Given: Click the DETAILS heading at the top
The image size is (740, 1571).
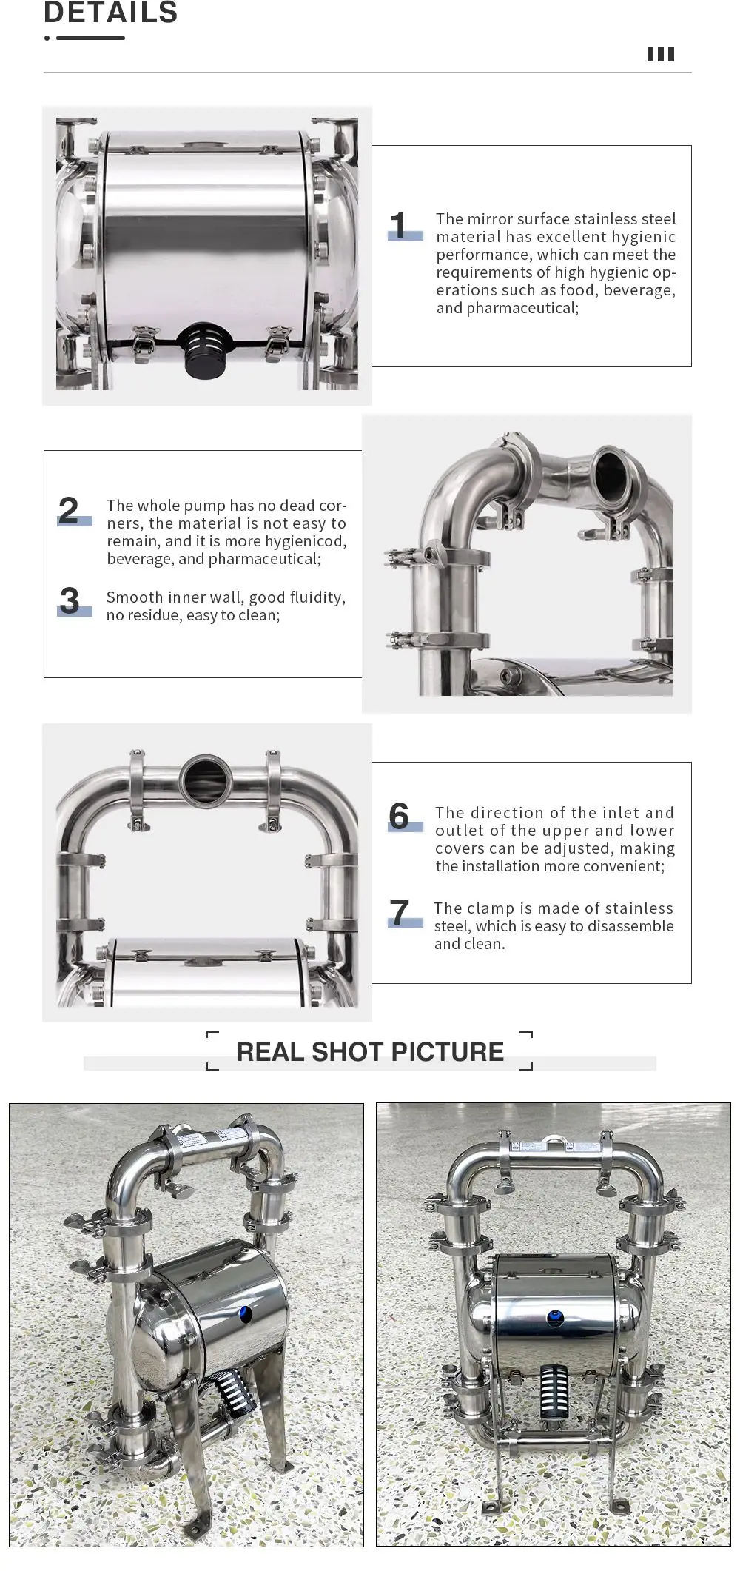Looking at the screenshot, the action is tap(111, 12).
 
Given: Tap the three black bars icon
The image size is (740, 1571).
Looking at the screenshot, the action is tap(661, 54).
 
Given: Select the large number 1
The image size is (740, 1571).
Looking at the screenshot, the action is tap(398, 225).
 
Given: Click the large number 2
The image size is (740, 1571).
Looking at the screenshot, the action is tap(69, 510).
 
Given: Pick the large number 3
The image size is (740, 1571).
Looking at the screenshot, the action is tap(69, 600).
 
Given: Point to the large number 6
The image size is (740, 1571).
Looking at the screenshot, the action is tap(399, 816).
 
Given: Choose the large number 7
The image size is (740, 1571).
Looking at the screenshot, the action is tap(399, 911).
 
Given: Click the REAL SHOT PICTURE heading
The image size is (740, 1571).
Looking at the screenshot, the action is tap(370, 1051).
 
